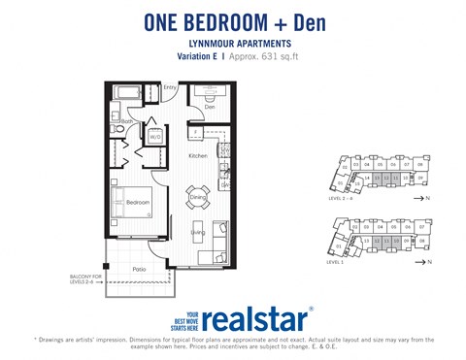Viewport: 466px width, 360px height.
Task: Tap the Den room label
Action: [209, 108]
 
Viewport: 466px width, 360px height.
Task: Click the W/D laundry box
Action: [154, 137]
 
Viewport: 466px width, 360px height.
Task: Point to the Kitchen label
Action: [198, 155]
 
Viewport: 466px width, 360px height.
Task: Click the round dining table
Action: [198, 197]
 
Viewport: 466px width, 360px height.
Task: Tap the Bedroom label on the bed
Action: [137, 202]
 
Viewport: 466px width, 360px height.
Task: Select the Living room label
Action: [197, 232]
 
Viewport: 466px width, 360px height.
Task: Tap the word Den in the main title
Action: [312, 21]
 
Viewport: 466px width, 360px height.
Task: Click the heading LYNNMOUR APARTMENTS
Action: [232, 44]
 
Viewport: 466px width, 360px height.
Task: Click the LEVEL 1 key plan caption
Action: [337, 262]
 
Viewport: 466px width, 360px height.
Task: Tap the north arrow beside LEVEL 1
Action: [425, 262]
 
